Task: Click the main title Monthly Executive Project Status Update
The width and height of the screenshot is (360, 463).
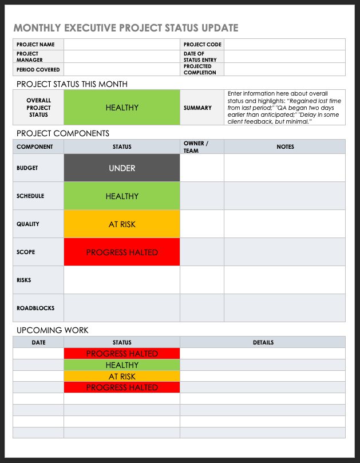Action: pos(126,28)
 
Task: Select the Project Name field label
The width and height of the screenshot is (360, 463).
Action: pos(35,45)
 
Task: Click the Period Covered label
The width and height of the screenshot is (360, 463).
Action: pos(38,70)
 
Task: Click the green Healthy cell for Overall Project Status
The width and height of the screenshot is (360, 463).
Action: pos(122,108)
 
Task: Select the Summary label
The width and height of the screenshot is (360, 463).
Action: pos(197,108)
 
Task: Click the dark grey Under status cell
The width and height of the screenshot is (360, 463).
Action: pos(122,168)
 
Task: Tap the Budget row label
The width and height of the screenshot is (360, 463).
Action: pos(27,168)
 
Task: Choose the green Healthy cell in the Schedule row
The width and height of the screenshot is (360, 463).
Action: pos(122,196)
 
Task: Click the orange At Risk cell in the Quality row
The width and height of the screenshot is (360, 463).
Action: pos(122,224)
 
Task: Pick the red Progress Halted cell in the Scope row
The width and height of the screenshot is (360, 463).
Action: pos(122,252)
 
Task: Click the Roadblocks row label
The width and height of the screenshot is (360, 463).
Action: pos(35,308)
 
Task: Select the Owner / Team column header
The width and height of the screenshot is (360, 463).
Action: pos(196,147)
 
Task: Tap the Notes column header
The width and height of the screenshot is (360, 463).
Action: pos(285,147)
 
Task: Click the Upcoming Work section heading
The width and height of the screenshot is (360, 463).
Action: pos(53,330)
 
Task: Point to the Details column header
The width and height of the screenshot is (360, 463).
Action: pos(263,342)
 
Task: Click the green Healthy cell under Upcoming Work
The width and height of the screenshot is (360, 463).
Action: pos(122,365)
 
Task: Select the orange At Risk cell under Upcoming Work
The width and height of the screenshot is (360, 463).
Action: pos(122,377)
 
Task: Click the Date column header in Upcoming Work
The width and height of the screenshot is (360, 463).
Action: pos(38,342)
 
